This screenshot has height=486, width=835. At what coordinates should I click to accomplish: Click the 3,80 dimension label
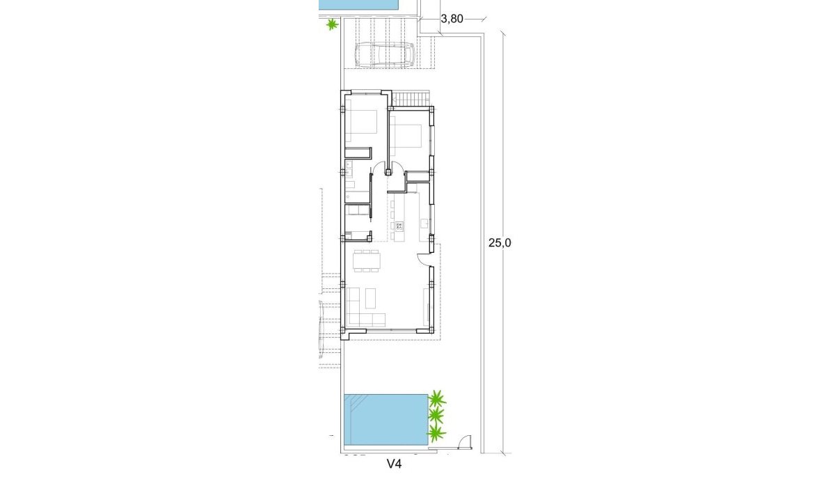pos(452,19)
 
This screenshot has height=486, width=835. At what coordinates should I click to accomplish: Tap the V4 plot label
pos(395,463)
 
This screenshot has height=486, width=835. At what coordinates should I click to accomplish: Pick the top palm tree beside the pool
pos(437,399)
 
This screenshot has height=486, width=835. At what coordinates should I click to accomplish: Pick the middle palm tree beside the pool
pos(436,416)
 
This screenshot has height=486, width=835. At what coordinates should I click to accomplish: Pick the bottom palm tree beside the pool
pos(436,433)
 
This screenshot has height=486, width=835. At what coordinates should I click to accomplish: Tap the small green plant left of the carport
pos(332,24)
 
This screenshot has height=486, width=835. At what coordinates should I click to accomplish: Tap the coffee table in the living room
pos(370,299)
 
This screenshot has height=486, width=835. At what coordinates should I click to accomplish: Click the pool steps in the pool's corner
pos(356,404)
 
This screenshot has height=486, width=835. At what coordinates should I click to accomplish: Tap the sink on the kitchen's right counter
pos(424,223)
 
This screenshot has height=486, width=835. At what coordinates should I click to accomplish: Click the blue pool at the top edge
pos(359,4)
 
